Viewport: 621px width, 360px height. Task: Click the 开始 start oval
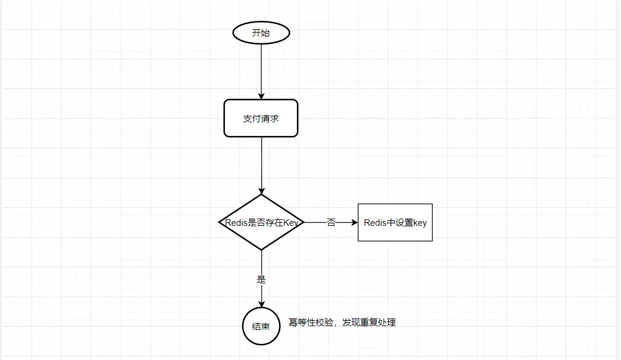tap(261, 33)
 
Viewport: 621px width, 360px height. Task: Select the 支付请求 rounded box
tap(261, 118)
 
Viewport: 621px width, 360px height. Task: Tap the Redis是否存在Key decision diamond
tap(261, 222)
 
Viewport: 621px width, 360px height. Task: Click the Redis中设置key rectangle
tap(395, 222)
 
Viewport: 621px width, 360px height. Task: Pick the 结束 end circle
tap(261, 326)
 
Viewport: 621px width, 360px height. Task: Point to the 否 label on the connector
tap(331, 222)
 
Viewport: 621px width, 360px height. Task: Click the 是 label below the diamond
tap(261, 280)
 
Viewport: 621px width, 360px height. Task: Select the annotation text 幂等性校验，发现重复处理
tap(342, 323)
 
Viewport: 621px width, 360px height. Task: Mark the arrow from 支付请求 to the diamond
tap(261, 166)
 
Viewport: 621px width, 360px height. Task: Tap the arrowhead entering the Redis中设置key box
tap(354, 222)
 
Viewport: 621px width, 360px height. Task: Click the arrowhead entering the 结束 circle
tap(261, 304)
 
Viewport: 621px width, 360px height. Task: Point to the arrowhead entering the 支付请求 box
tap(261, 96)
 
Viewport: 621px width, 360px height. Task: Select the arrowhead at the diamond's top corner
tap(261, 191)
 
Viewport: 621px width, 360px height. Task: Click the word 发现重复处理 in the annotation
tap(369, 323)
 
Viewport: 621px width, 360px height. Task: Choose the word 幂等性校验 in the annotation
tap(311, 323)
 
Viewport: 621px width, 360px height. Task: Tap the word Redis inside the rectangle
tap(375, 222)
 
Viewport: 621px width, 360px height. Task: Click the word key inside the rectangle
tap(420, 223)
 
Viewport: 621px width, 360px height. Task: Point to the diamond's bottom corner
tap(261, 250)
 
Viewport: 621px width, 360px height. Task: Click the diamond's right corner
tap(304, 222)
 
